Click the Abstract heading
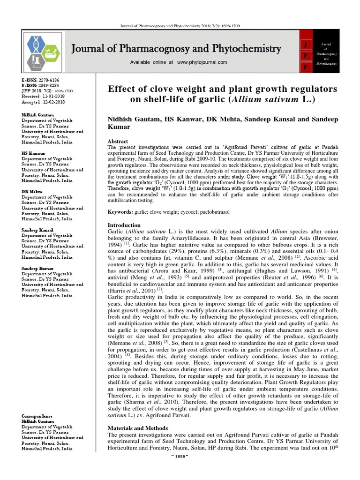point(118,141)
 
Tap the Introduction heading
point(124,225)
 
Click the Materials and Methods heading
point(138,428)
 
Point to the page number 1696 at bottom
point(180,470)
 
